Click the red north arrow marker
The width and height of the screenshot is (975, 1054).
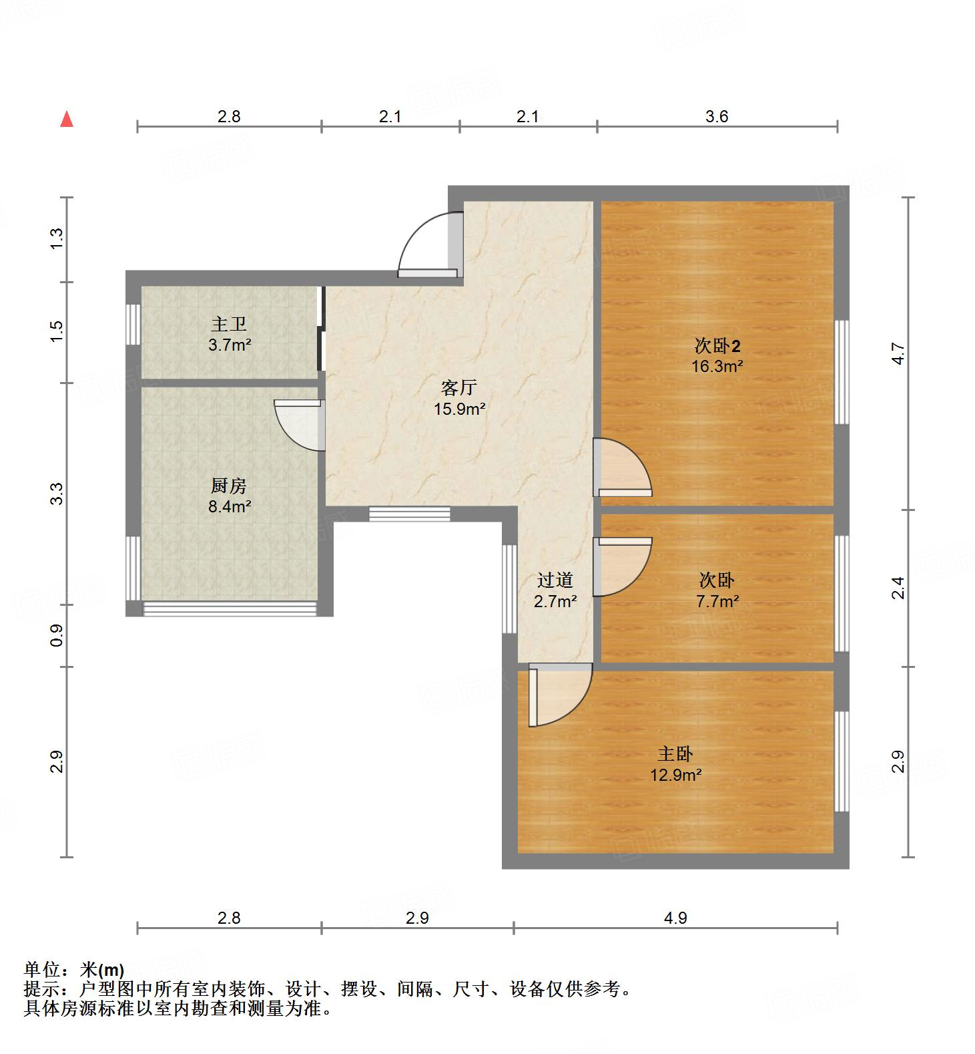[67, 120]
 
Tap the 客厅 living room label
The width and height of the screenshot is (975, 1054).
[459, 387]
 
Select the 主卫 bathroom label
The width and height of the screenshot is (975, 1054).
[229, 325]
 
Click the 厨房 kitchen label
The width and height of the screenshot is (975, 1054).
[229, 486]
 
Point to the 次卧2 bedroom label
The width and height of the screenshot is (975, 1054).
[717, 346]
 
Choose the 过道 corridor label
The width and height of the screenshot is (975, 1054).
[555, 580]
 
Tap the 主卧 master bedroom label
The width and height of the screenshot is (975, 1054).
[675, 754]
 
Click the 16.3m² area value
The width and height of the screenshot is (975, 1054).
[717, 366]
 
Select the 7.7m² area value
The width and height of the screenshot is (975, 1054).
[717, 601]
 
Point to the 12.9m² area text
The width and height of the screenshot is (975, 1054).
[675, 775]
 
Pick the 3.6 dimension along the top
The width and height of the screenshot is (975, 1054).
[717, 117]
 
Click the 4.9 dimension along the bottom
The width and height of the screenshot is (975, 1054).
[675, 918]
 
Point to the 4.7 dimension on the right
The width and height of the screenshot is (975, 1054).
[898, 353]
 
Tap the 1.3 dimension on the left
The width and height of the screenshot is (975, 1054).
[57, 238]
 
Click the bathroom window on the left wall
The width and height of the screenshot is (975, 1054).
[133, 325]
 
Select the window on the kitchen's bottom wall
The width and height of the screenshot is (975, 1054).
[230, 608]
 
